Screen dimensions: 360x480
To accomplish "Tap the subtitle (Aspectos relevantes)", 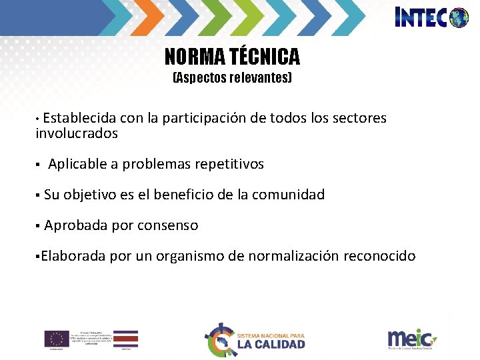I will pyautogui.click(x=232, y=78).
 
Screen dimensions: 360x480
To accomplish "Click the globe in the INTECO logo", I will pyautogui.click(x=459, y=17).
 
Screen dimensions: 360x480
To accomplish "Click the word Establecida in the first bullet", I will pyautogui.click(x=80, y=118).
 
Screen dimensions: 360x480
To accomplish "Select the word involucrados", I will pyautogui.click(x=76, y=133).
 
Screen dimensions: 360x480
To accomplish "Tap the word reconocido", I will pyautogui.click(x=379, y=256).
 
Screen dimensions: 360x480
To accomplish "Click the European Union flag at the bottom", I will pyautogui.click(x=57, y=338).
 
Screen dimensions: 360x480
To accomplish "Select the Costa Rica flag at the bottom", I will pyautogui.click(x=125, y=338).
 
